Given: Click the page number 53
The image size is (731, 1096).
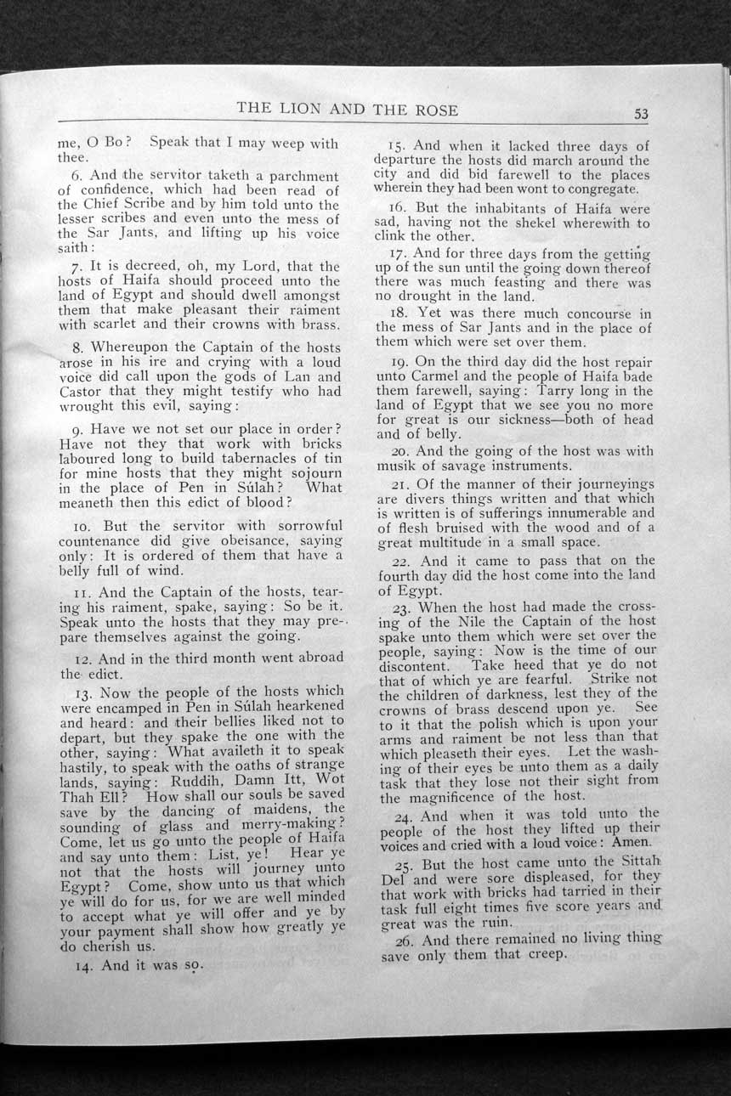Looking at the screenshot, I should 641,115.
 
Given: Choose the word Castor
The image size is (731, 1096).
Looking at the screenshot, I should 81,392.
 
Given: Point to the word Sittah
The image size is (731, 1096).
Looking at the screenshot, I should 629,863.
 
